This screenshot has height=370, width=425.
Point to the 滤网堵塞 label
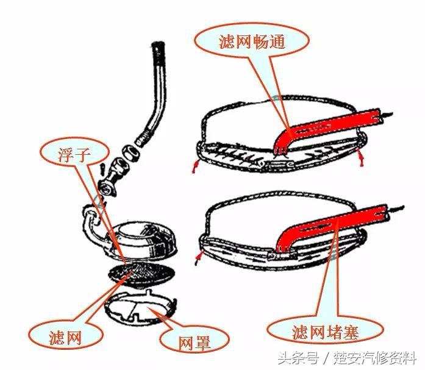point(325,332)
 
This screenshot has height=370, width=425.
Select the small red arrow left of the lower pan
point(198,258)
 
